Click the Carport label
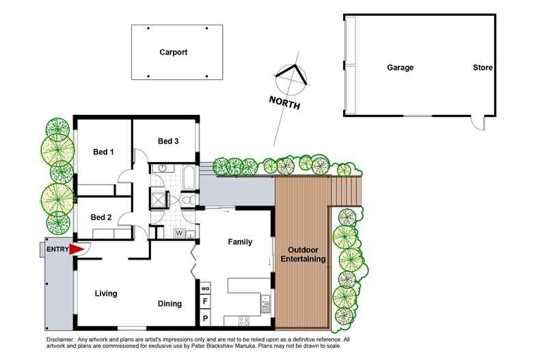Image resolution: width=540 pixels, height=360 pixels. pyautogui.click(x=173, y=52)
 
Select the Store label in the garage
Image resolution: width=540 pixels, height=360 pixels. pyautogui.click(x=483, y=68)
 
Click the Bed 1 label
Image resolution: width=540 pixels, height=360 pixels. pyautogui.click(x=103, y=152)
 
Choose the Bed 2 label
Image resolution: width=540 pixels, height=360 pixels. pyautogui.click(x=101, y=217)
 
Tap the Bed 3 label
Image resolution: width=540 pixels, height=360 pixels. pyautogui.click(x=168, y=141)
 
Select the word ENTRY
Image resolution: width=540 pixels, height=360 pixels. pyautogui.click(x=57, y=250)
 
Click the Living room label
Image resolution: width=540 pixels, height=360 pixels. pyautogui.click(x=105, y=294)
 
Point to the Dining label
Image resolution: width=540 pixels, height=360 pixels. pyautogui.click(x=170, y=304)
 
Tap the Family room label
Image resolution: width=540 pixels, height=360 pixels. pyautogui.click(x=239, y=242)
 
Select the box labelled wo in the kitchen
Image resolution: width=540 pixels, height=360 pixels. pyautogui.click(x=204, y=288)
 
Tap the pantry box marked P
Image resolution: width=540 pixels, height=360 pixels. pyautogui.click(x=204, y=318)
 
